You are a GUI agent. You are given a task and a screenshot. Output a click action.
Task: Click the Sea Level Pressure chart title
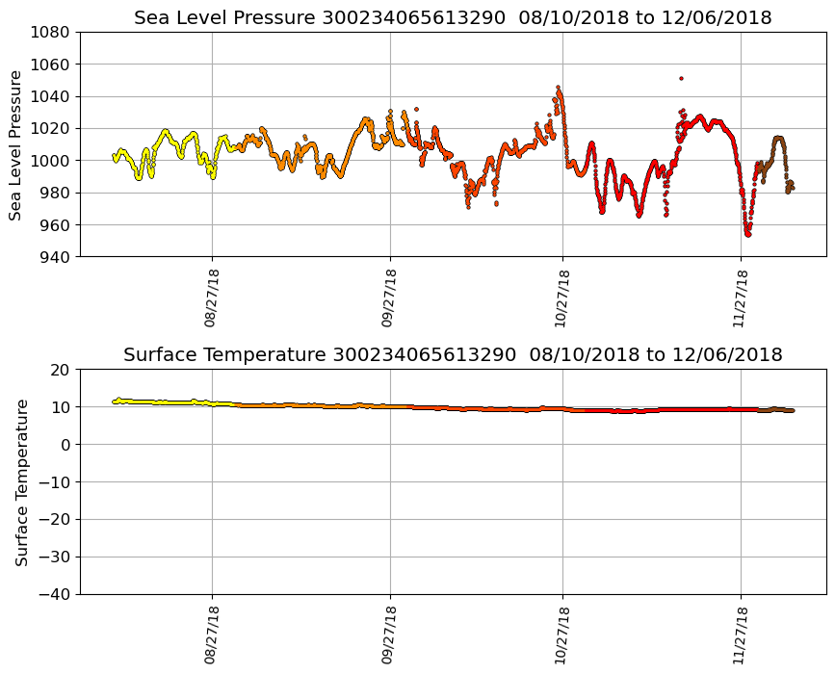click(x=453, y=17)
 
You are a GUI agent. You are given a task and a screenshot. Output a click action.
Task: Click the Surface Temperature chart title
click(x=453, y=354)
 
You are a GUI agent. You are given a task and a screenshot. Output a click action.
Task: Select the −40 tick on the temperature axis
click(x=55, y=594)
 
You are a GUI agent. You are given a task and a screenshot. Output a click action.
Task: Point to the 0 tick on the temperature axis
click(x=66, y=445)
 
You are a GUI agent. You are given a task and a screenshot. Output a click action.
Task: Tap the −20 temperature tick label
click(x=55, y=520)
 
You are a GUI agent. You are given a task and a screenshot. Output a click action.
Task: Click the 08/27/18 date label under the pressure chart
click(x=211, y=298)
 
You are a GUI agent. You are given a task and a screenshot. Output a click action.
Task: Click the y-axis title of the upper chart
click(x=16, y=144)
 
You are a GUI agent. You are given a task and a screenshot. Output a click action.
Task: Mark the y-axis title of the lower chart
click(x=21, y=481)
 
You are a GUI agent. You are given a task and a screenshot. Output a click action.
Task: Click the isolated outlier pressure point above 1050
click(x=681, y=78)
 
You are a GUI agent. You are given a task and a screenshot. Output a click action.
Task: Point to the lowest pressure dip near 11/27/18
click(x=747, y=233)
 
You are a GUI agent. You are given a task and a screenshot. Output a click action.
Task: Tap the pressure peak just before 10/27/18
click(x=558, y=88)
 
